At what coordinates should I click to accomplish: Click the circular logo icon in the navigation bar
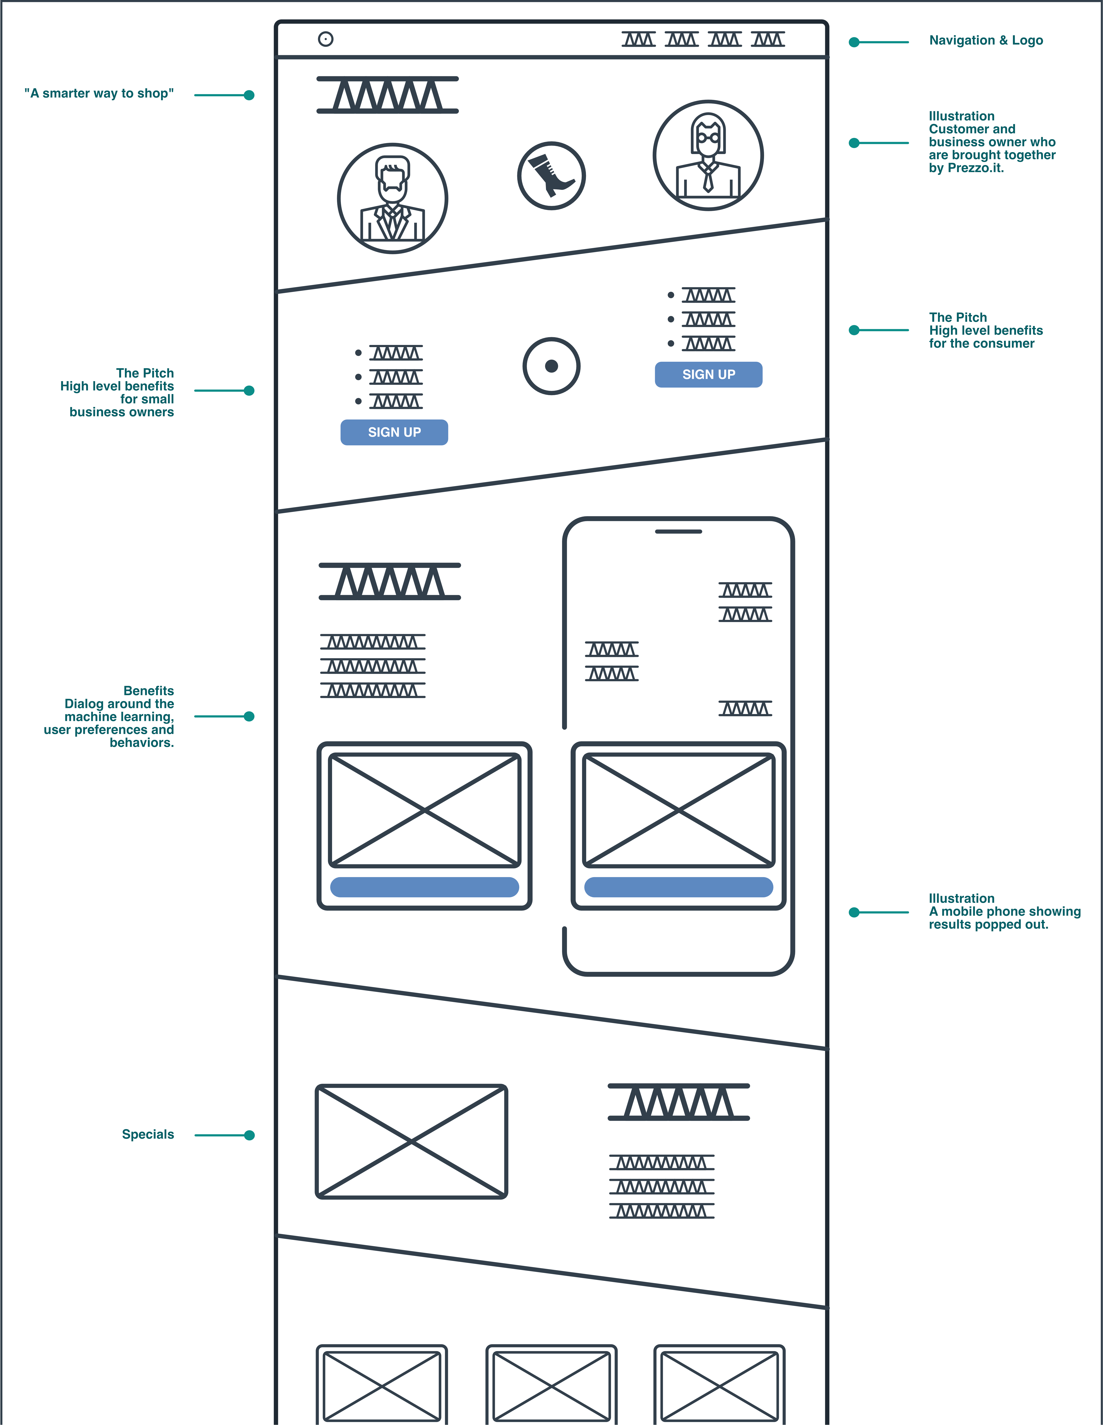(x=325, y=39)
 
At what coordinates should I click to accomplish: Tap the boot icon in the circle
(x=551, y=176)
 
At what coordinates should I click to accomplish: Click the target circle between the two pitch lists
(x=551, y=366)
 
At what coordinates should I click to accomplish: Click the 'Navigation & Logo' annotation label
(x=986, y=41)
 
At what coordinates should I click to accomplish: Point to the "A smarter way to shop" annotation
(x=99, y=93)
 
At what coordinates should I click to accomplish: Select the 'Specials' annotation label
(x=148, y=1134)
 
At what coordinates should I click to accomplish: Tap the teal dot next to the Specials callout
(x=249, y=1135)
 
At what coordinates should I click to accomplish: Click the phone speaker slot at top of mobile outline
(x=678, y=532)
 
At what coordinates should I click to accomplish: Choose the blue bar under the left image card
(x=425, y=887)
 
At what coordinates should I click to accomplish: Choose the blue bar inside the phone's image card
(x=678, y=887)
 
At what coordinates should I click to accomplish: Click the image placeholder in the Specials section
(x=412, y=1141)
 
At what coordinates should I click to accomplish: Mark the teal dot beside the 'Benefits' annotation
(x=249, y=716)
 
